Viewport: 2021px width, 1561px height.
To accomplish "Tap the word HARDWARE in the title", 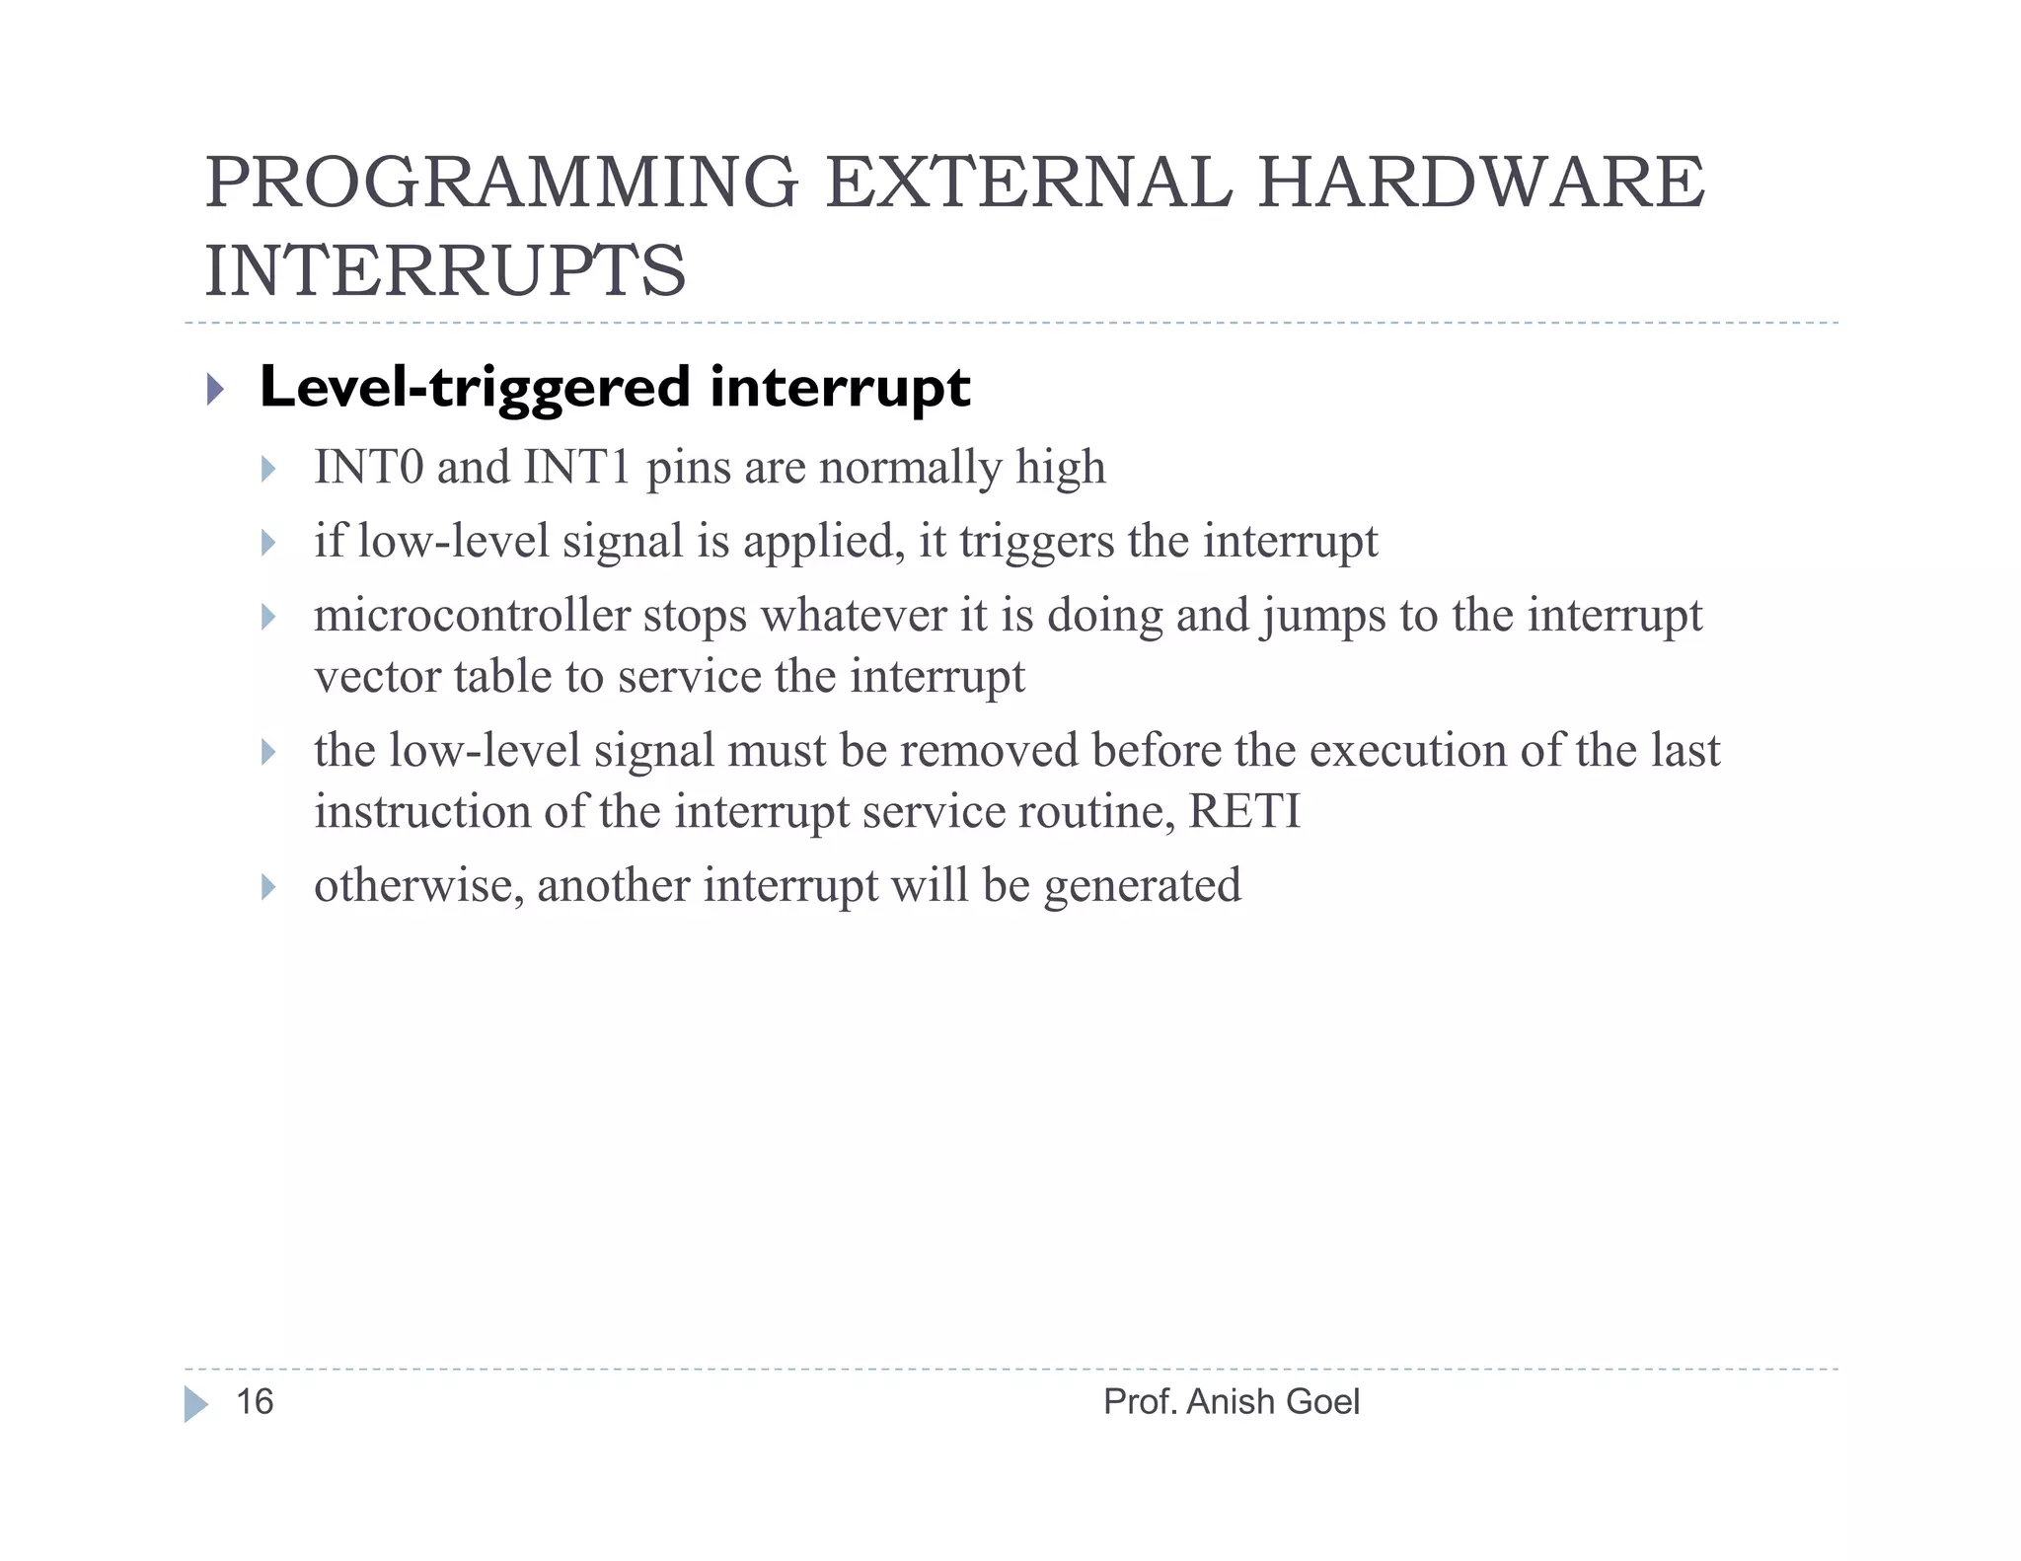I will point(1480,183).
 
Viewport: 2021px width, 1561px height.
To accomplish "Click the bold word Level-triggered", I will point(475,388).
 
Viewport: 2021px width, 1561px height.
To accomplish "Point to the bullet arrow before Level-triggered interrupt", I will point(215,389).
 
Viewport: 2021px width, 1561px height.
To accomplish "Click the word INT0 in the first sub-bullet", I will point(368,467).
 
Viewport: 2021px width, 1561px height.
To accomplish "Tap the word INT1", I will point(577,467).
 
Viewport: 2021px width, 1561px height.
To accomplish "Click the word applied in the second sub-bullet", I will point(824,542).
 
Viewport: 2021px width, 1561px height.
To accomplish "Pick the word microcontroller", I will point(472,616).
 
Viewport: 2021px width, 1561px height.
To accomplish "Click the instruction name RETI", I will point(1244,812).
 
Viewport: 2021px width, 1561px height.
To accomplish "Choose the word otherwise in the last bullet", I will point(418,885).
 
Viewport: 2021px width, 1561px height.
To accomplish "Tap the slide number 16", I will point(255,1401).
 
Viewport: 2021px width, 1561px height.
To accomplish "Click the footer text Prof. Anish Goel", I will point(1231,1401).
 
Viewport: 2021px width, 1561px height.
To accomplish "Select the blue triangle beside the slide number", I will point(195,1403).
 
